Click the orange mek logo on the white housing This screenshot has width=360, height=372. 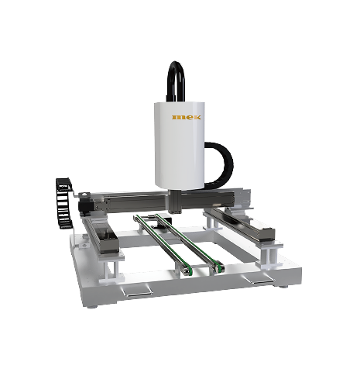(x=187, y=117)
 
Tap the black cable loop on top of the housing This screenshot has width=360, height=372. (x=177, y=67)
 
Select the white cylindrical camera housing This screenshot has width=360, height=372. (x=180, y=145)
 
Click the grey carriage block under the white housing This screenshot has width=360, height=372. (x=175, y=201)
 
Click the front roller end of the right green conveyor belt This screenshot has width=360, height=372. (x=219, y=268)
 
